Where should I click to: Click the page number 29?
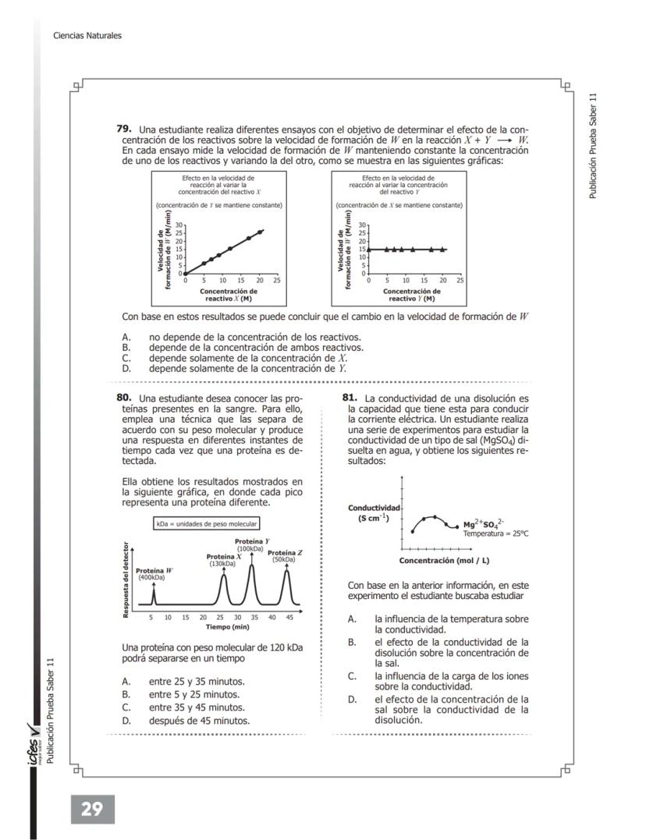[92, 809]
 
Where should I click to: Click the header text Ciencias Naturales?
[87, 35]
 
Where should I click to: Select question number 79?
[123, 128]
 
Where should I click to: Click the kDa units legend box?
[206, 523]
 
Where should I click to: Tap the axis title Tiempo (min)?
[227, 626]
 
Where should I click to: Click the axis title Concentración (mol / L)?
[444, 560]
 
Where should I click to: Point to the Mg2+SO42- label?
[484, 524]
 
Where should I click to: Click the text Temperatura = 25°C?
[495, 534]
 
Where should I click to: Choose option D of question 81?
[451, 709]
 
